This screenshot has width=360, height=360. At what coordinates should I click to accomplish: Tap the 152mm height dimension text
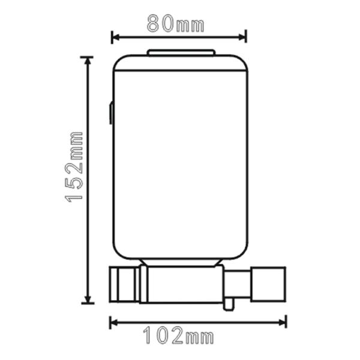point(76,166)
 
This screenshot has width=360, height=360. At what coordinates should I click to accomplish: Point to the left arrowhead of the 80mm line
point(114,37)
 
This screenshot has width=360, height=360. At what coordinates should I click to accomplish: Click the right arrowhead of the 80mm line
point(244,37)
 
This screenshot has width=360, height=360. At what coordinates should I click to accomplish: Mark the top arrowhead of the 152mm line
point(88,59)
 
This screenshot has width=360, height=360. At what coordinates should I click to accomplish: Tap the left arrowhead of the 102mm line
point(112,323)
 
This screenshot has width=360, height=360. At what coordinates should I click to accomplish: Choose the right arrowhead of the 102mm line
point(284,323)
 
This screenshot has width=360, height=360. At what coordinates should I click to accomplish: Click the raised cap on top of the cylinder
point(181,53)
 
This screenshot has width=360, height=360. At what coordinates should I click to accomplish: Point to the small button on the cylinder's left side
point(111,113)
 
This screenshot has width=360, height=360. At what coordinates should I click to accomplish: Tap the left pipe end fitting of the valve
point(124,284)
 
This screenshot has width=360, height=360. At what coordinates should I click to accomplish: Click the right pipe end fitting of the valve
point(271,284)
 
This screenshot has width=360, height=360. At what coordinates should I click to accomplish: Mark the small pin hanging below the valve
point(228,304)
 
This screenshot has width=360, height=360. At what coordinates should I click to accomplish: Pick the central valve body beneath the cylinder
point(183,284)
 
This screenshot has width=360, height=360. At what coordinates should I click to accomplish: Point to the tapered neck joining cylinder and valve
point(181,263)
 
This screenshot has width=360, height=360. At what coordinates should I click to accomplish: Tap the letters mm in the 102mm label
point(201,338)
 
